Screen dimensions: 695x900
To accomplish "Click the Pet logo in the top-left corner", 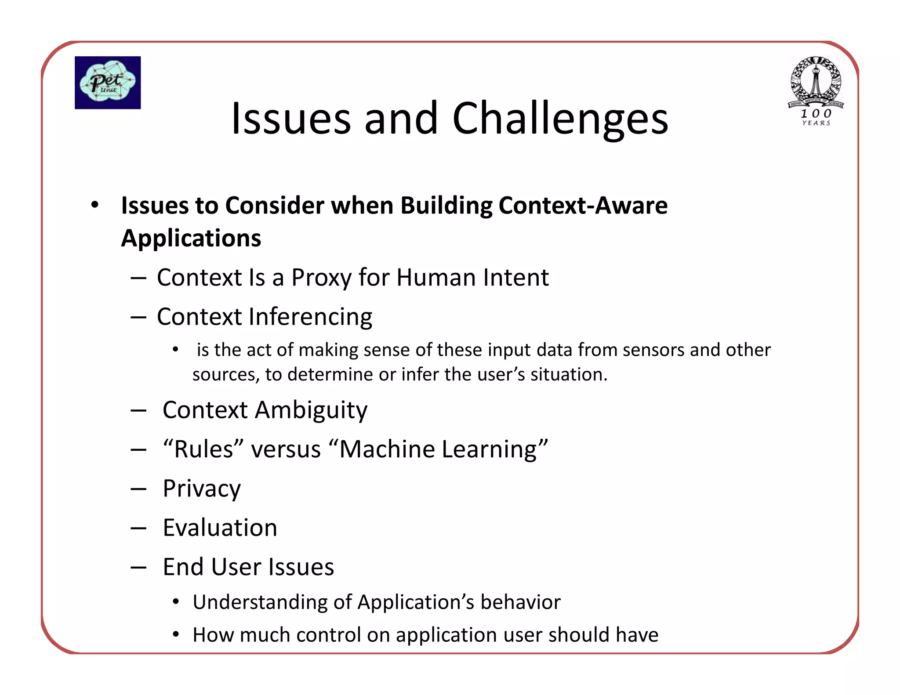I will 108,83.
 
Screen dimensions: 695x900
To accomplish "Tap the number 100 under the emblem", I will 816,113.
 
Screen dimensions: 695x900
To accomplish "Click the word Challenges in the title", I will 560,119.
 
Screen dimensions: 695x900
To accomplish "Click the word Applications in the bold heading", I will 191,238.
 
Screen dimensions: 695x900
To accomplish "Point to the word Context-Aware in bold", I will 583,205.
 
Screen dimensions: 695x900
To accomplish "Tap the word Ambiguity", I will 311,410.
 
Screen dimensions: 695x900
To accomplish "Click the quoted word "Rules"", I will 203,449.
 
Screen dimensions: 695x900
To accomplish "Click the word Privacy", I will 202,489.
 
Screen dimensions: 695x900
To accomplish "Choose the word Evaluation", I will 220,528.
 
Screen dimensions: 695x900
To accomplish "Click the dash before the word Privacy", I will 138,489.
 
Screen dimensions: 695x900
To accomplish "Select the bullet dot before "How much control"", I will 176,634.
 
